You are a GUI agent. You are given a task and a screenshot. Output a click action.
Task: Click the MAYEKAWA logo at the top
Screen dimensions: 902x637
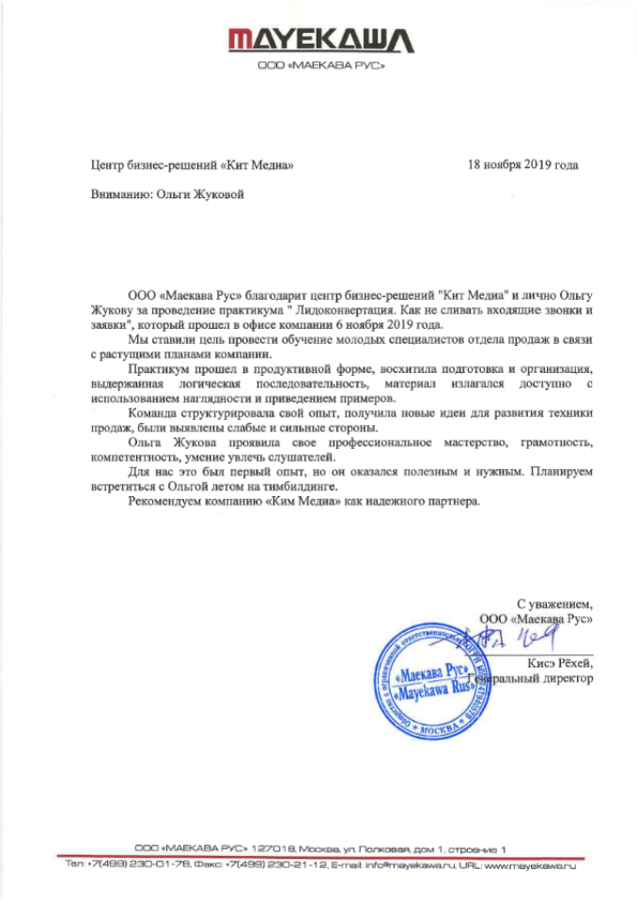click(318, 39)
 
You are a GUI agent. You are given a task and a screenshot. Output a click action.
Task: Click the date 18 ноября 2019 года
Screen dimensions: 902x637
click(522, 165)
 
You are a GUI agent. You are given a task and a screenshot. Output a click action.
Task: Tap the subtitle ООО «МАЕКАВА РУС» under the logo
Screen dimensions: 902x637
click(318, 68)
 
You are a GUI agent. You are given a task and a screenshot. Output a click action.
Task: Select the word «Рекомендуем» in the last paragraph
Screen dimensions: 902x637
click(165, 504)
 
